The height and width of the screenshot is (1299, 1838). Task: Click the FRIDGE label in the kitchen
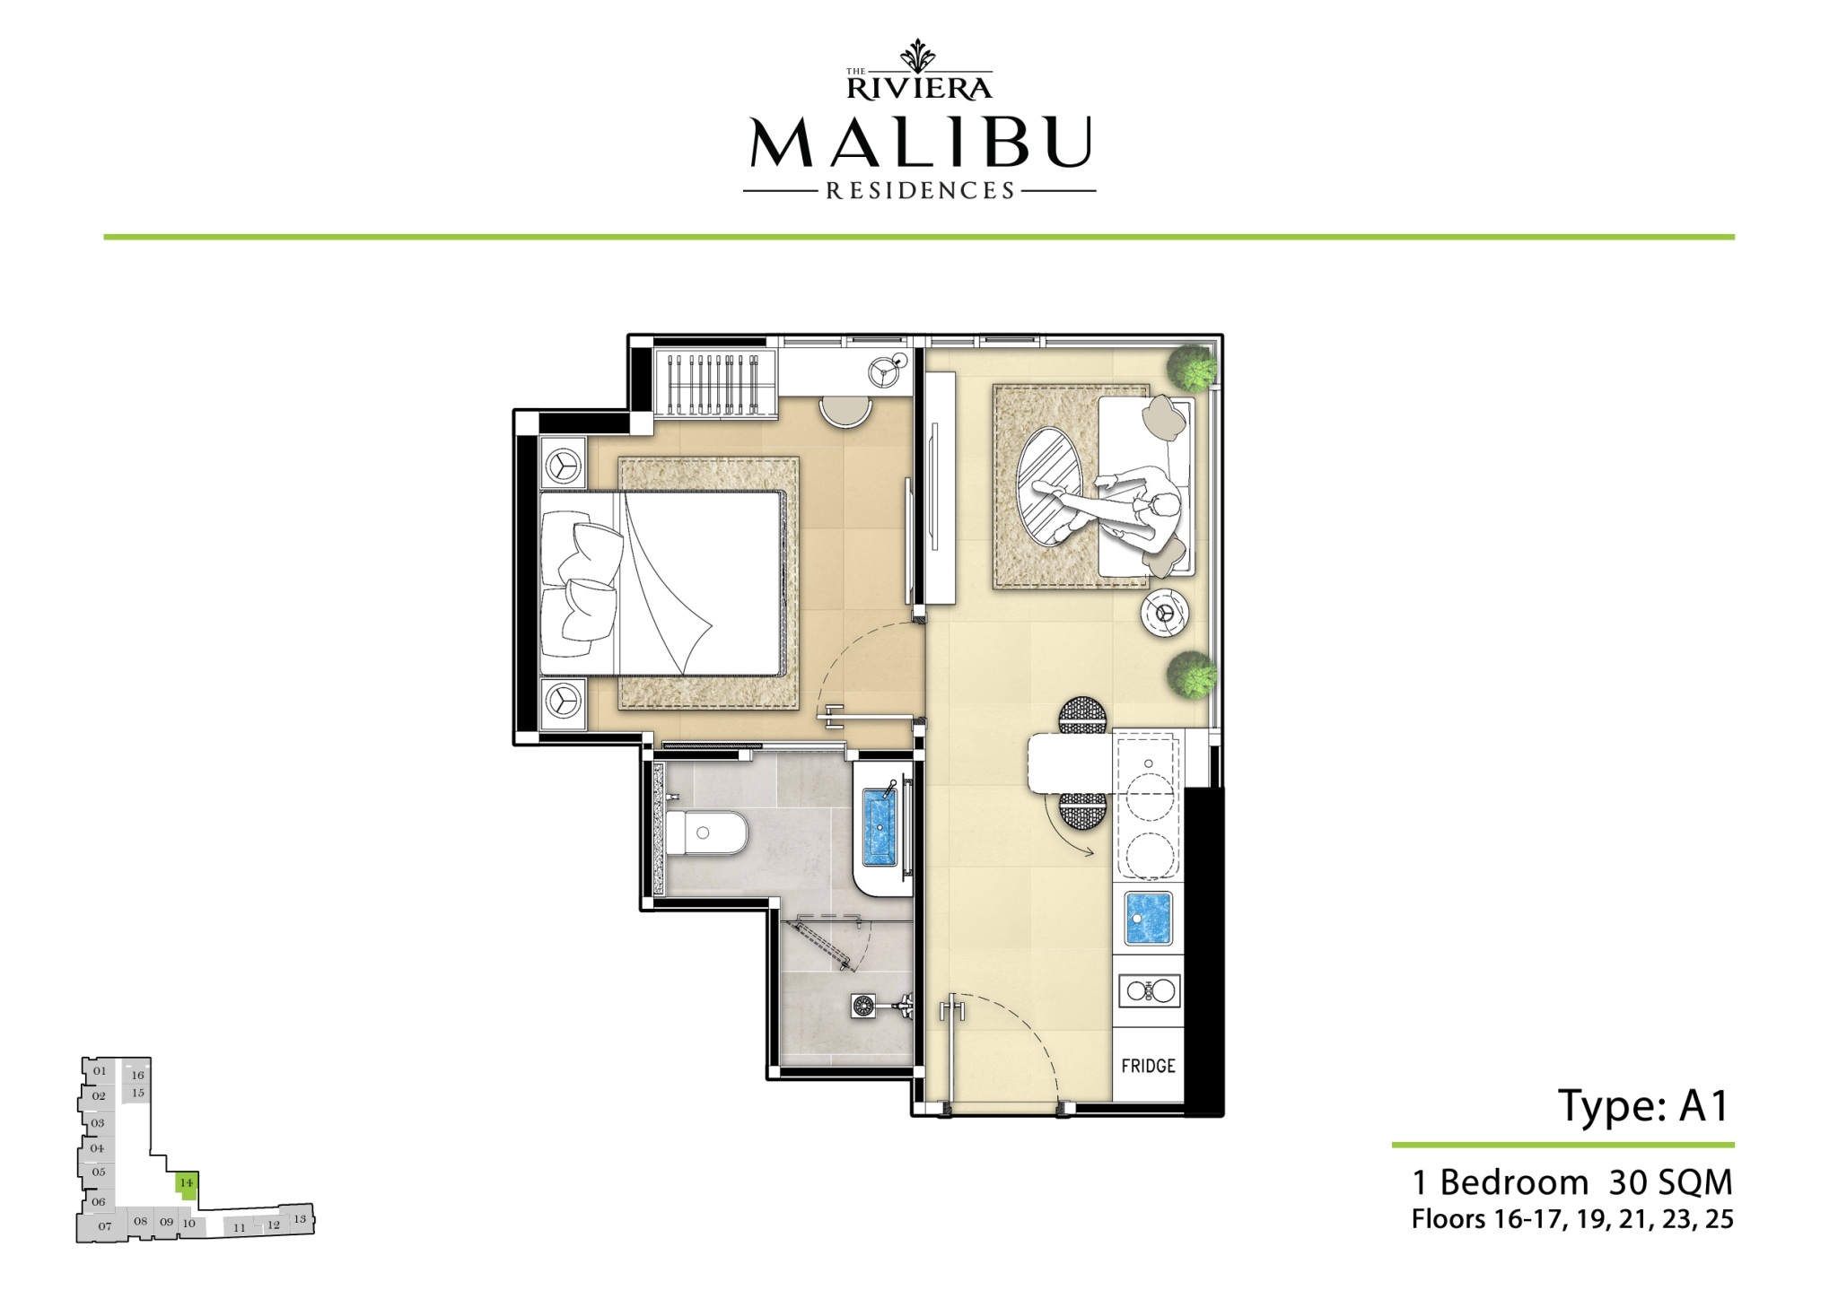(x=1148, y=1066)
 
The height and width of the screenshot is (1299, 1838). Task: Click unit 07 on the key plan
(x=105, y=1226)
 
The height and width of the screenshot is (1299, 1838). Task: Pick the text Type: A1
(x=1644, y=1107)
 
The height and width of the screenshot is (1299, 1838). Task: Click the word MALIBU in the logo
(x=920, y=142)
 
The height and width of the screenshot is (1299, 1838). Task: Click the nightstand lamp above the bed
(x=563, y=464)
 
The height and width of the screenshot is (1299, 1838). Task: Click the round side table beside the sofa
(x=1166, y=613)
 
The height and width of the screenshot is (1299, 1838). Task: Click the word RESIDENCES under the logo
(x=920, y=191)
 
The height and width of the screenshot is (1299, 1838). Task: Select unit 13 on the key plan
(x=300, y=1219)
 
